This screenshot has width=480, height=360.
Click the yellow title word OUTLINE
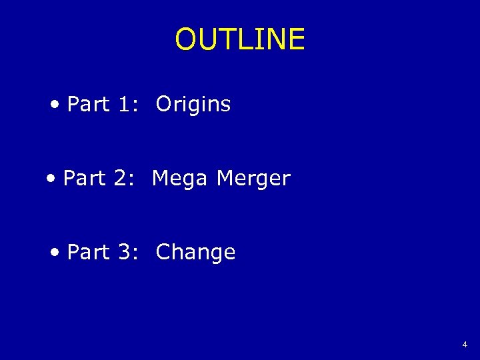(240, 39)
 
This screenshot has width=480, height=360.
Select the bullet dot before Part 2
(51, 179)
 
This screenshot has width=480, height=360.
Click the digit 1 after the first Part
(123, 105)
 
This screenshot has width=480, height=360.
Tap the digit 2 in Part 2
(120, 179)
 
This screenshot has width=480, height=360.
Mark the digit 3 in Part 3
(124, 253)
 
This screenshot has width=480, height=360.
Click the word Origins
(193, 105)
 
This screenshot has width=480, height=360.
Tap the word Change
(195, 253)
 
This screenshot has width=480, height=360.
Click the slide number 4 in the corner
(465, 345)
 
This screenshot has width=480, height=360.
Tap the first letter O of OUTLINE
(186, 39)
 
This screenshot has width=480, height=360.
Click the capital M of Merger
(226, 179)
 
